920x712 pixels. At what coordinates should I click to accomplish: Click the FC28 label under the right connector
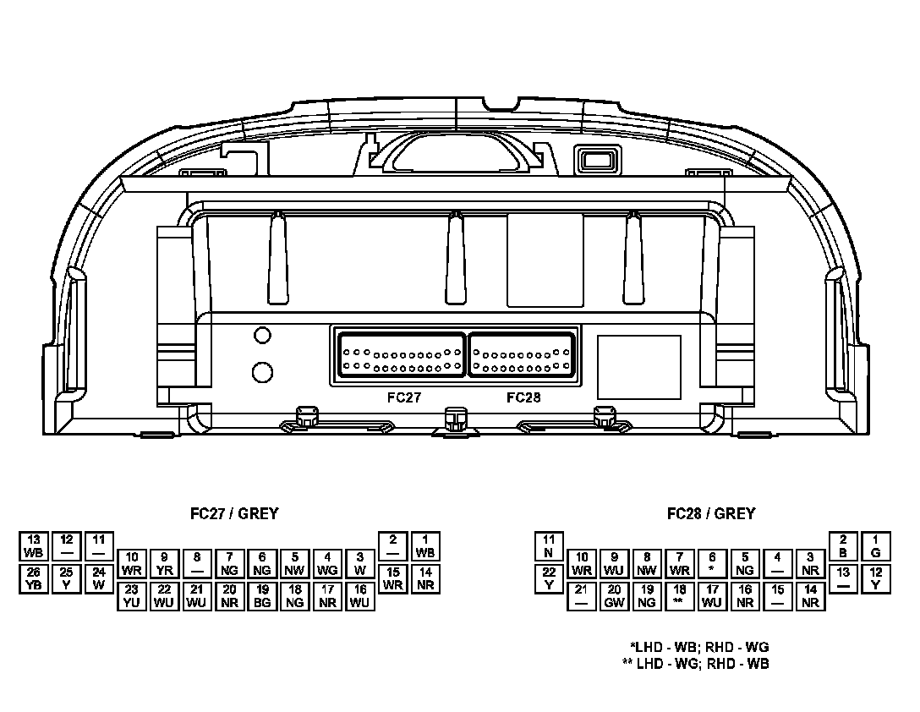(x=523, y=397)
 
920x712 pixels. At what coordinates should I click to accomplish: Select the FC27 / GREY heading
(x=234, y=513)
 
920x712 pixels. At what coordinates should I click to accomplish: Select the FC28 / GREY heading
(x=711, y=513)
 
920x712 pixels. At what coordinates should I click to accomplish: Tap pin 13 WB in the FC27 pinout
(x=34, y=546)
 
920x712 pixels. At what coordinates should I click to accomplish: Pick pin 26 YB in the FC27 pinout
(x=34, y=578)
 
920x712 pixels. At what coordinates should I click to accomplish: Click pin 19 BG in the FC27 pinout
(x=262, y=595)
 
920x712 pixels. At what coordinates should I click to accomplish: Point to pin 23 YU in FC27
(x=131, y=595)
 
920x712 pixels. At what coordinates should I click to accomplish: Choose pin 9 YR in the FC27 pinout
(x=164, y=563)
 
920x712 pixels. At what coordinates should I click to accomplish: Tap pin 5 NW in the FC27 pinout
(x=295, y=563)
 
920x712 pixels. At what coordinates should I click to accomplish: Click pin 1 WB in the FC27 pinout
(x=425, y=546)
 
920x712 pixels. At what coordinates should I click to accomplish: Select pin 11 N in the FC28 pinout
(x=549, y=546)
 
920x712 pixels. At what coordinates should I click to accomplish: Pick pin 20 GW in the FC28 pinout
(x=615, y=595)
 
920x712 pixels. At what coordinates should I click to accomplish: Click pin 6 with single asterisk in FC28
(x=712, y=563)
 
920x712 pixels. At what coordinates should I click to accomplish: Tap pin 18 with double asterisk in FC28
(x=679, y=595)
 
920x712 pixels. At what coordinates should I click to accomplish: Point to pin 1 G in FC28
(x=875, y=546)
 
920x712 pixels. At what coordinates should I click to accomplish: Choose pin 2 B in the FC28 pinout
(x=843, y=546)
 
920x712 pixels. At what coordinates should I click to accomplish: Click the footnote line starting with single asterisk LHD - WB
(x=698, y=648)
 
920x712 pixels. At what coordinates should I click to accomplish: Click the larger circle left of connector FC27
(x=263, y=372)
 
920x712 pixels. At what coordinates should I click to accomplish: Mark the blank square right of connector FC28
(x=638, y=367)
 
